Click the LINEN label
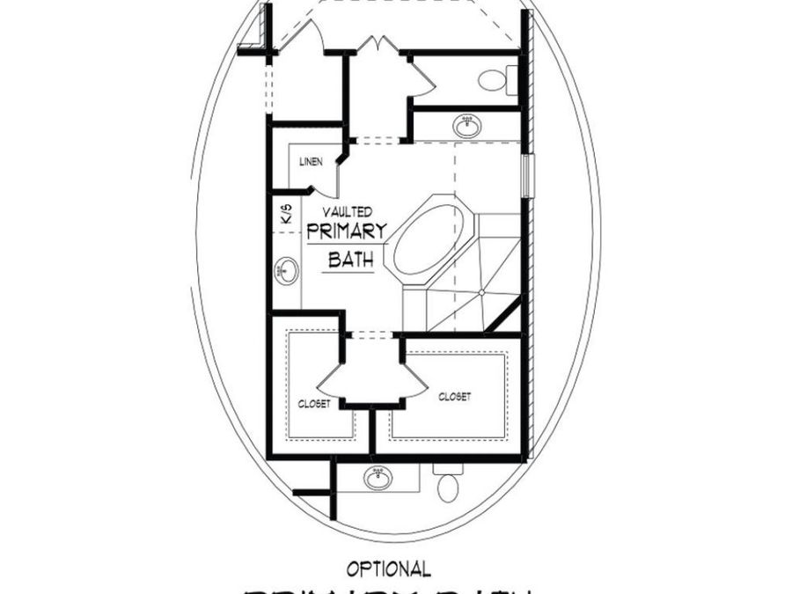311,162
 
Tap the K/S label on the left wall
284,213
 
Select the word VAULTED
346,212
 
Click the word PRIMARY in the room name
347,232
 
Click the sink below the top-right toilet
467,127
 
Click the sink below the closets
378,478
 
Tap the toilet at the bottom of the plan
448,484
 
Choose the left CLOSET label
313,404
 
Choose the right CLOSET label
454,397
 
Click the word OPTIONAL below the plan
388,569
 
